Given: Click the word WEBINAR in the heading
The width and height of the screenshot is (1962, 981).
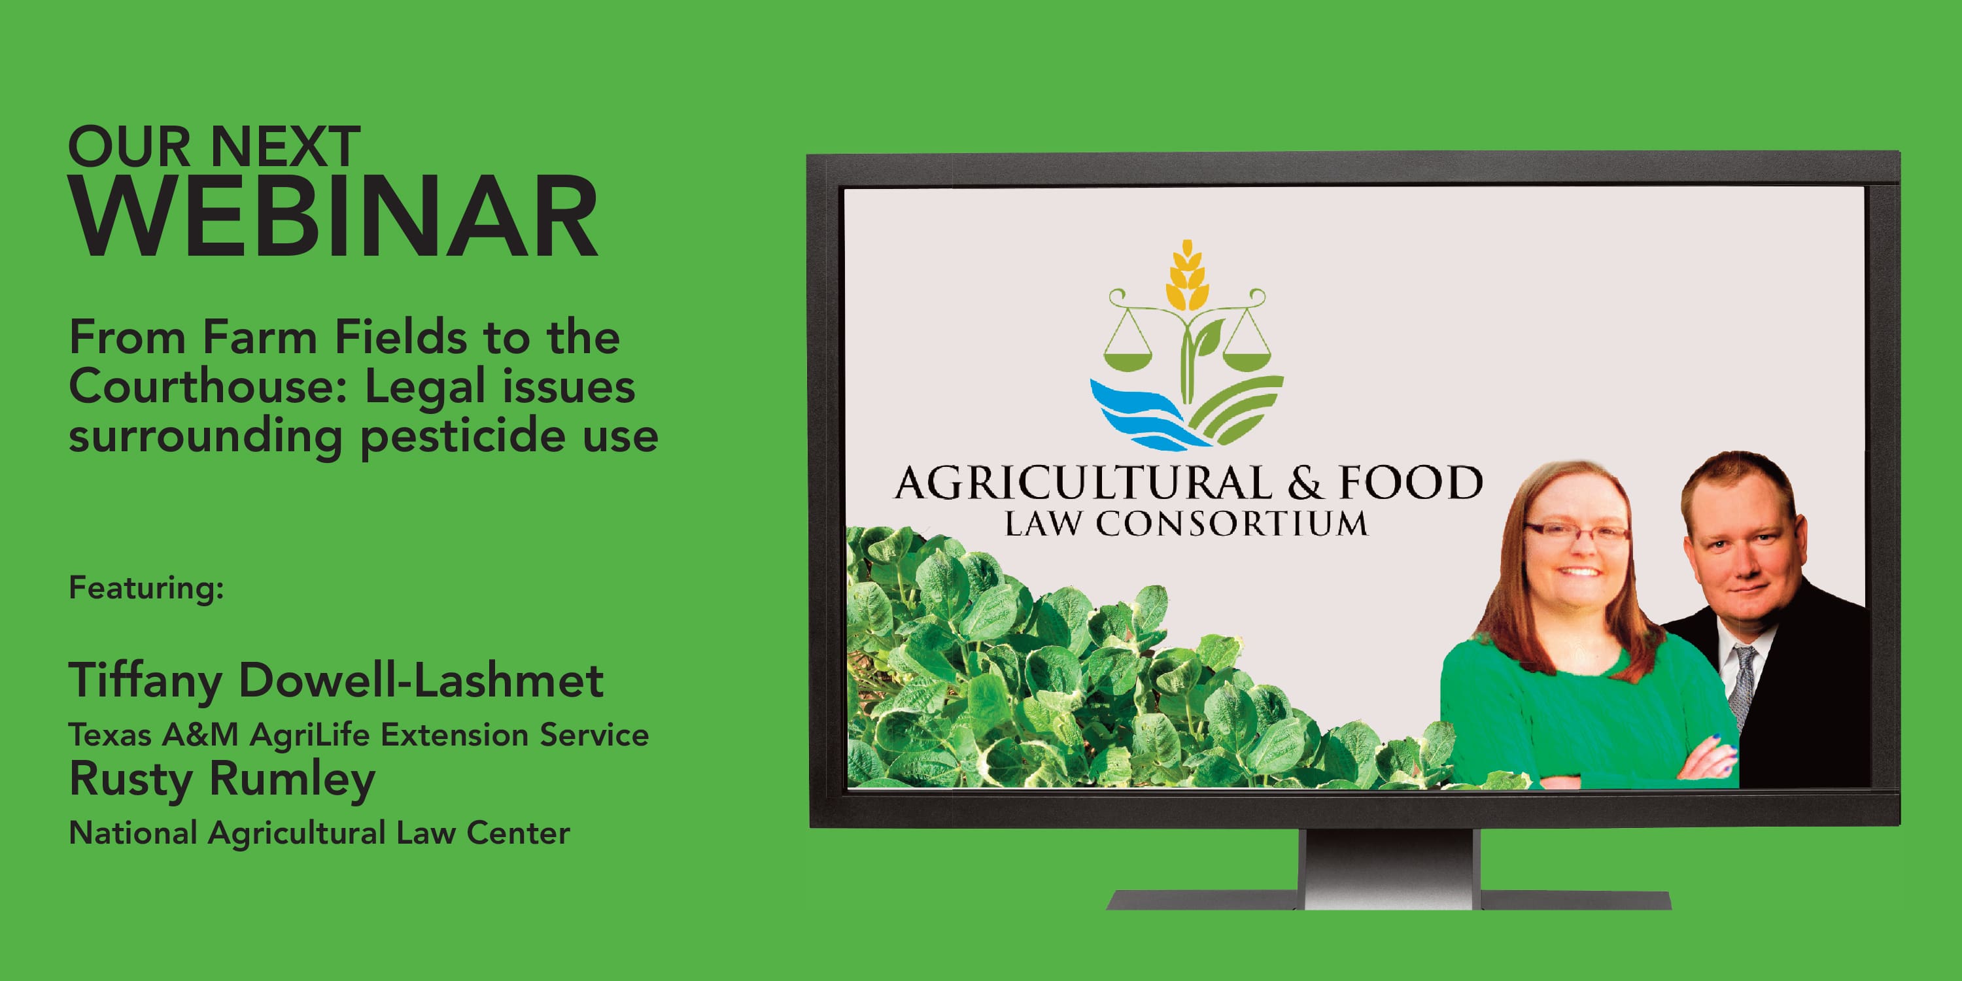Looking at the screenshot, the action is click(334, 217).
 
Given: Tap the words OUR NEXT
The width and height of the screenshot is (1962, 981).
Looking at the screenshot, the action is click(214, 146).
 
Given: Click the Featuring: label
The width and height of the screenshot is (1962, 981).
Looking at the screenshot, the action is click(146, 588).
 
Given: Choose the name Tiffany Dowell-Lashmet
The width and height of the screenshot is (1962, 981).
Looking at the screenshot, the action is click(336, 680).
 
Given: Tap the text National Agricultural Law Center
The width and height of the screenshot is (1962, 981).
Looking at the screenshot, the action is click(319, 833).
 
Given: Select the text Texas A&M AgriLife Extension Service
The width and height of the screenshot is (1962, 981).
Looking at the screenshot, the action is click(359, 735).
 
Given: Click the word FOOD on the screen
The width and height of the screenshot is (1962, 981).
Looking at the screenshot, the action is click(1411, 482).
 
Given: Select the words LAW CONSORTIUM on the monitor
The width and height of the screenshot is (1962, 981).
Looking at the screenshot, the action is click(1186, 524).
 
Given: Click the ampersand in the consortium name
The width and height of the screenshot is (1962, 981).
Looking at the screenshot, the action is click(1305, 483).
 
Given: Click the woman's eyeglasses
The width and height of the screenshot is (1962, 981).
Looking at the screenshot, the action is click(1576, 532).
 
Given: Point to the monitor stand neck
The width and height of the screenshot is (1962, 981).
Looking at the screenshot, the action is click(1392, 869).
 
